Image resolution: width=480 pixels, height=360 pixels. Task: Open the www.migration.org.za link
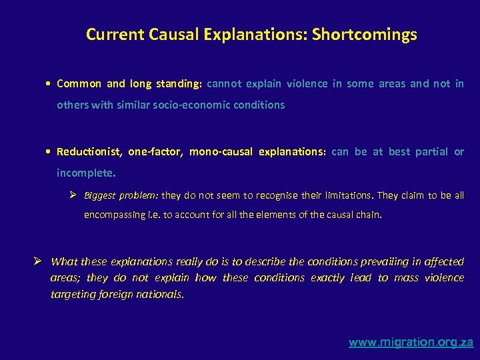(411, 343)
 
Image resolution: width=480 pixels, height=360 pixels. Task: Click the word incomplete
(85, 173)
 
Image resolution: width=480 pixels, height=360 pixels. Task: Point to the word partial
(431, 151)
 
